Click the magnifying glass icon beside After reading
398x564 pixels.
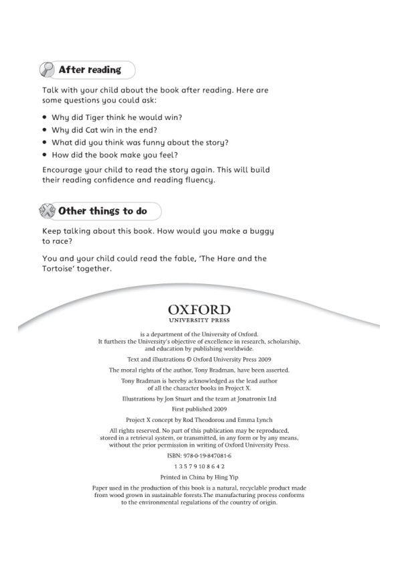(47, 70)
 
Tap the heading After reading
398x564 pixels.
(90, 70)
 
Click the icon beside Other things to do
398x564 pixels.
(47, 211)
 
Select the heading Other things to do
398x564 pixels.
(102, 211)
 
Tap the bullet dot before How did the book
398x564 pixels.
(45, 155)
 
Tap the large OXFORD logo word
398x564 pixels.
(199, 309)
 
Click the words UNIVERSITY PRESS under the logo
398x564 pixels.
(199, 320)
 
